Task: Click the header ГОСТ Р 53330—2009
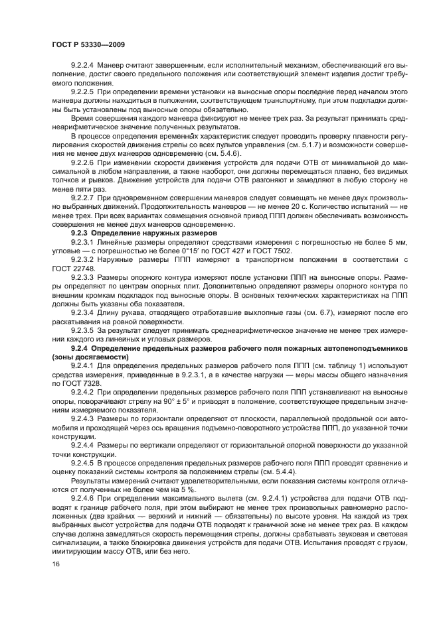coord(88,44)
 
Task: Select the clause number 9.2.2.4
coord(83,66)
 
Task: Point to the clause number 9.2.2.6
coord(83,161)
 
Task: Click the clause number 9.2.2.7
coord(83,198)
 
